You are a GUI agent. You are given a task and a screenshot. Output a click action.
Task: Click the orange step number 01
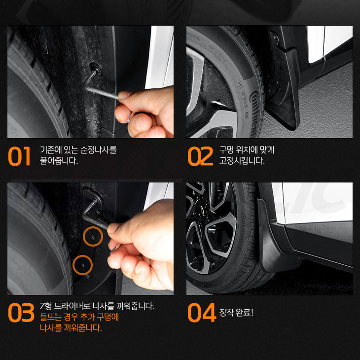(x=19, y=156)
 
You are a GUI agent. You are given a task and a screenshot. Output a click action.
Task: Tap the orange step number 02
(x=200, y=156)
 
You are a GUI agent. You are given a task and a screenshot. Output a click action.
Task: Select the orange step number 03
(x=21, y=313)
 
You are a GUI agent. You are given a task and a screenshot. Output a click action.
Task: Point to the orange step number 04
(x=202, y=313)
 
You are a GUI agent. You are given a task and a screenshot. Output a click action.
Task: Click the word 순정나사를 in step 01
(x=98, y=150)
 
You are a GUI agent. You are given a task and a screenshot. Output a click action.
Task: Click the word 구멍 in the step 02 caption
(x=226, y=150)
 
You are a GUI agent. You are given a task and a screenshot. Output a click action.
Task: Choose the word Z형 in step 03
(x=46, y=306)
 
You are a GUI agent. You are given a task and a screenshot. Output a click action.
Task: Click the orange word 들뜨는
(x=50, y=317)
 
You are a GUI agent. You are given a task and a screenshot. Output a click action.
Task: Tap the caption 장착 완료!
(x=236, y=312)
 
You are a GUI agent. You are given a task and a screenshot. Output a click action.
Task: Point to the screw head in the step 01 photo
(x=96, y=68)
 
